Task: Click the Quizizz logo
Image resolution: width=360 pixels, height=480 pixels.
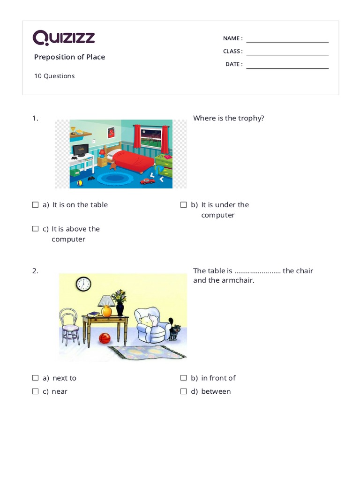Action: (64, 37)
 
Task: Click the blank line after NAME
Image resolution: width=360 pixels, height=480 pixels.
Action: (287, 42)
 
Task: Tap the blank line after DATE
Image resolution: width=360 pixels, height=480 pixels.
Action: (287, 68)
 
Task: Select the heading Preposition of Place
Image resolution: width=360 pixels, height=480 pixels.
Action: (69, 57)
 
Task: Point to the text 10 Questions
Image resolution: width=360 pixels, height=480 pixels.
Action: (54, 76)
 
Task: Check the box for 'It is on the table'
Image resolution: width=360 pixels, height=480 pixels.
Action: (35, 205)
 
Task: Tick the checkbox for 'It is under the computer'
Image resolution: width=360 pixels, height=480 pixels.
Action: (184, 205)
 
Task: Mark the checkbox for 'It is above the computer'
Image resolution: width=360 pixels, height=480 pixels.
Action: (35, 229)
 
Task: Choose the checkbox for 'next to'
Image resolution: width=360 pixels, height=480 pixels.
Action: (35, 378)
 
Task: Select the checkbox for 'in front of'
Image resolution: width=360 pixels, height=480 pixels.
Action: (184, 378)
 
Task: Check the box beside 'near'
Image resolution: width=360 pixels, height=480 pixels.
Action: (35, 391)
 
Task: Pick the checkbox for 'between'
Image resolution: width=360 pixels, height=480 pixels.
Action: (184, 391)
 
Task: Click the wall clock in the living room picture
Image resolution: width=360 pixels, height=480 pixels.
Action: (83, 284)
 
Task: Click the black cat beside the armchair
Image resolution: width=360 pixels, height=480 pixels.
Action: (174, 330)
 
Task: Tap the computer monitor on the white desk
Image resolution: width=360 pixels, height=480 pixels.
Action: (80, 150)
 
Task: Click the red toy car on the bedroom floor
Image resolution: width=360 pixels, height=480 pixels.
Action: (147, 181)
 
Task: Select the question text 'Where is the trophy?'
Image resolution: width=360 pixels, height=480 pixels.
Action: (229, 118)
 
